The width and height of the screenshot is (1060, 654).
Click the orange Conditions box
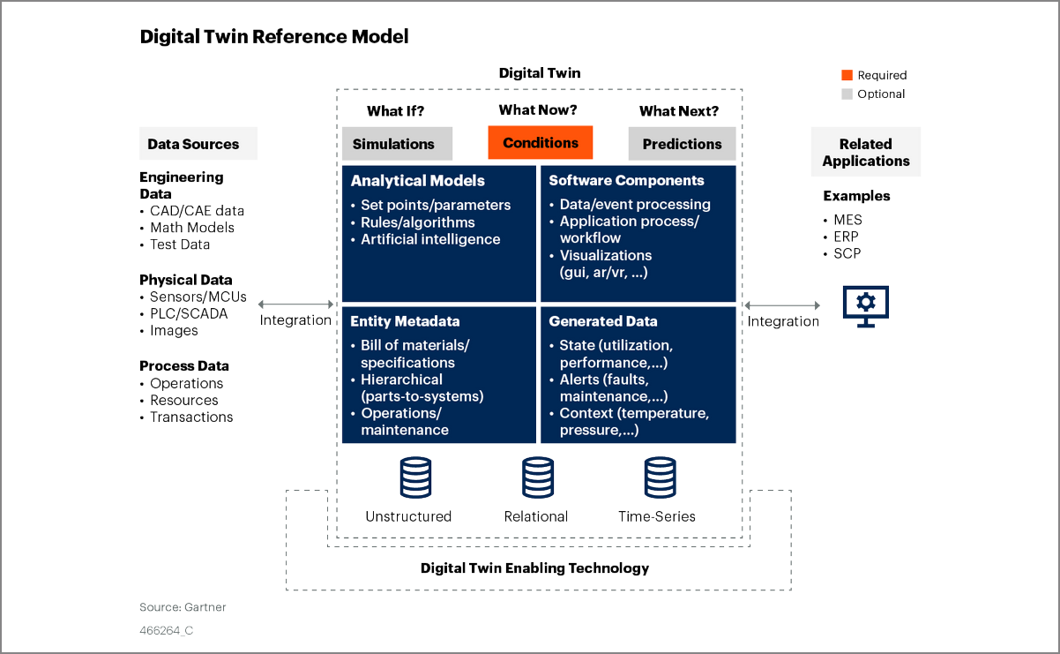[541, 142]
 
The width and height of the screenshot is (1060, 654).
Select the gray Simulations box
[397, 144]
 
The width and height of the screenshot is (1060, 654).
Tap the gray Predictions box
[682, 144]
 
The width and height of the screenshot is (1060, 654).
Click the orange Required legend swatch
[847, 75]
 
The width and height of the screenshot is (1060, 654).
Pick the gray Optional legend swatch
[847, 94]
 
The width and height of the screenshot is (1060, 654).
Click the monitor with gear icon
[866, 304]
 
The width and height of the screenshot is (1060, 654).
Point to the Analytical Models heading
[418, 181]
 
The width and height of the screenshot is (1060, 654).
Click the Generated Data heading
[603, 321]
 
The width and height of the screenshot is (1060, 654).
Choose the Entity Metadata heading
[405, 321]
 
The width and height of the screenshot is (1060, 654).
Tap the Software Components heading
[626, 180]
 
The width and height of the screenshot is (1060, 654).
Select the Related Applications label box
[865, 152]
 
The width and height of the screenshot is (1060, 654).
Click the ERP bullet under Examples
[846, 237]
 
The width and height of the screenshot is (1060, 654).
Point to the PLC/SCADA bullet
[188, 313]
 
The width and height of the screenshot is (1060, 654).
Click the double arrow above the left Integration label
[295, 304]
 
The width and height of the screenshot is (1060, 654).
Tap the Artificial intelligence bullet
[430, 239]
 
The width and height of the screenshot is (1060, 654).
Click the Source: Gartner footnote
[183, 607]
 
